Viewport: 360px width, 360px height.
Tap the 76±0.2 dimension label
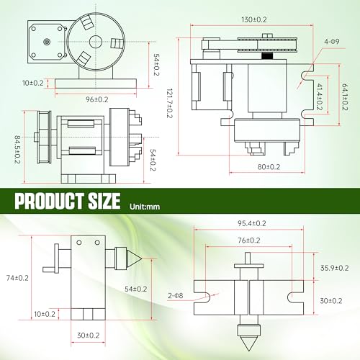click(x=250, y=241)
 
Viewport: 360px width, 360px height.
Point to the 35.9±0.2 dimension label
click(x=333, y=268)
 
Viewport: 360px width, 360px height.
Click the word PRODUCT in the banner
click(x=47, y=199)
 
